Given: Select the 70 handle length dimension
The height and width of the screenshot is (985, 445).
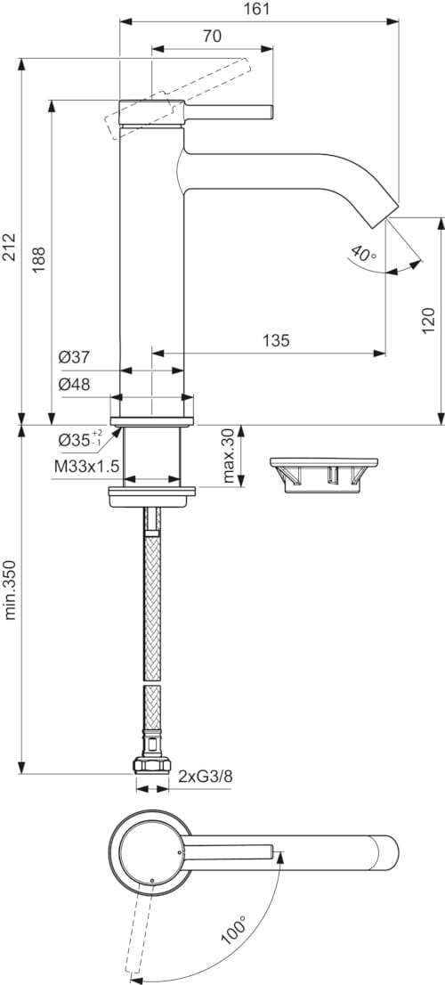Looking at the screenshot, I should [212, 37].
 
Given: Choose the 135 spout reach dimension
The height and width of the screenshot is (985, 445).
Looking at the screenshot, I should [277, 339].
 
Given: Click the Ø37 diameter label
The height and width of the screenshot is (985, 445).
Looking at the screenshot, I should [75, 358].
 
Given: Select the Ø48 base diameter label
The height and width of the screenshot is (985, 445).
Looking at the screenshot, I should [75, 385].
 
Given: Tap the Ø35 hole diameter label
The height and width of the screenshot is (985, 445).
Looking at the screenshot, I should [80, 439].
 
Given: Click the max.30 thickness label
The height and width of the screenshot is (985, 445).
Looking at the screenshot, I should [231, 456].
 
